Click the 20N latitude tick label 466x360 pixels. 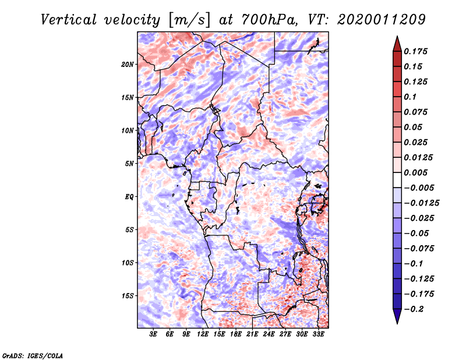(128, 65)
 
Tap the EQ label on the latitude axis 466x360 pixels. (129, 197)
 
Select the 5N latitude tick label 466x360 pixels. (129, 164)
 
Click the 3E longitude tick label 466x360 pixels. (153, 334)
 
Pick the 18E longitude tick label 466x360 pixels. (236, 334)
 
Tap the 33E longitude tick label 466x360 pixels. (318, 334)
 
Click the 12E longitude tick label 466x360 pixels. (203, 334)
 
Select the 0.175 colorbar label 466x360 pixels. (415, 51)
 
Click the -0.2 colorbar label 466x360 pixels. (414, 309)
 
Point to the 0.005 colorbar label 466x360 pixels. (415, 172)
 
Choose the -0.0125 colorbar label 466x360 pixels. (421, 203)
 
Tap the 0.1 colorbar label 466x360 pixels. (410, 97)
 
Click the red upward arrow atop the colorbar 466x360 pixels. (397, 44)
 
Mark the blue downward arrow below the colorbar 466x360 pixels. (397, 316)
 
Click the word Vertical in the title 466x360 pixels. (69, 20)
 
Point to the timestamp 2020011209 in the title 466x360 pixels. (382, 20)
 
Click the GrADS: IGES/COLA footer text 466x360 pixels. (33, 355)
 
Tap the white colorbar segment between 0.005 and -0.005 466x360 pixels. (397, 180)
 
